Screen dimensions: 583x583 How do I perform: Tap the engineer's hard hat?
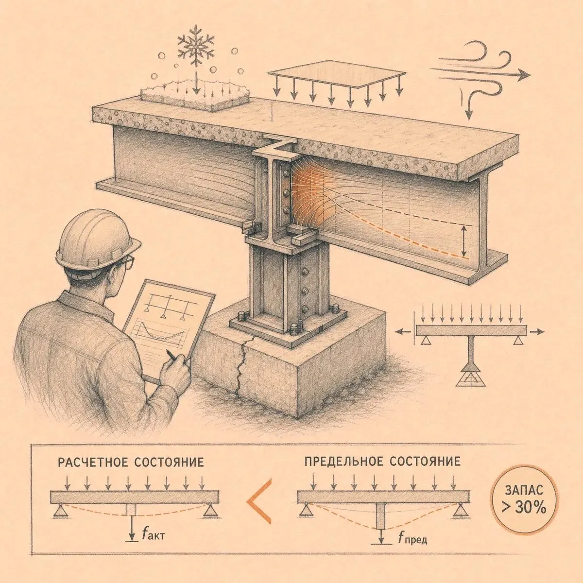tap(96, 240)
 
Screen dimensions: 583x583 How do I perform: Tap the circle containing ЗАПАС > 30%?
tap(524, 504)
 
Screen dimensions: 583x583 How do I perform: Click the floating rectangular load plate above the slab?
tap(337, 74)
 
